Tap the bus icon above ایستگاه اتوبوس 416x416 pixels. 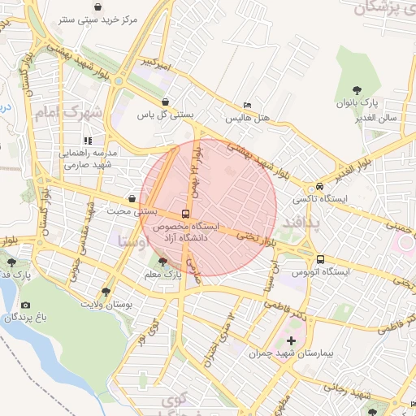[x=320, y=258]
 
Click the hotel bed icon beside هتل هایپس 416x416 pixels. [x=248, y=106]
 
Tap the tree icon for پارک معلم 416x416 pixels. [x=162, y=262]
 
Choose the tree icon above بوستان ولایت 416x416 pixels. [x=106, y=292]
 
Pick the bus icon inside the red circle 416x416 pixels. [x=185, y=213]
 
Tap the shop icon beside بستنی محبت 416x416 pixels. [x=132, y=198]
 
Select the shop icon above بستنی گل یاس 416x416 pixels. [x=166, y=102]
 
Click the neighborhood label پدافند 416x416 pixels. [x=301, y=221]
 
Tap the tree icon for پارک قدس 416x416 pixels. [x=11, y=262]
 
